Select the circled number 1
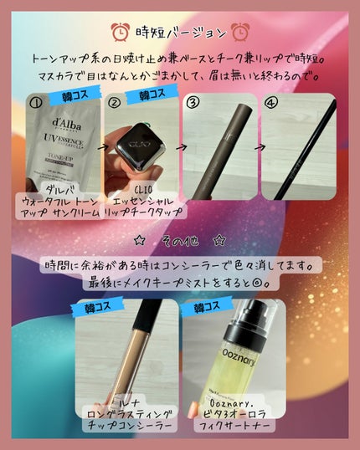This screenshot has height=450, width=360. pos(35,104)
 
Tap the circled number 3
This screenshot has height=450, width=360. pos(193,104)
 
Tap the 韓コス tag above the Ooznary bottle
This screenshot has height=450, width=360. pos(210,307)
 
